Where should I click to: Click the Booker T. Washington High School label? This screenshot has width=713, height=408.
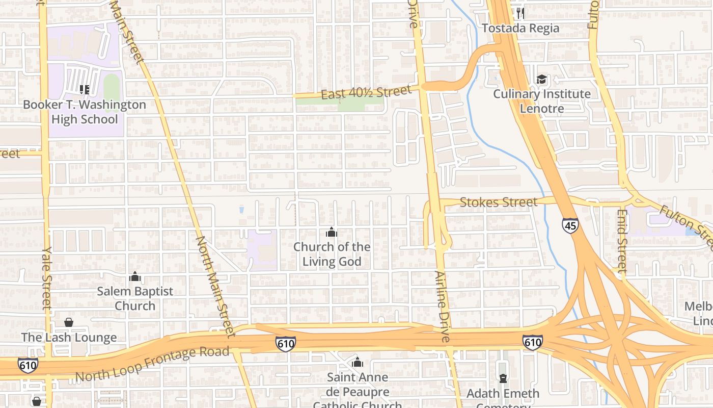(x=85, y=112)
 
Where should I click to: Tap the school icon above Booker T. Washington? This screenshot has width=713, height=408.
(x=85, y=90)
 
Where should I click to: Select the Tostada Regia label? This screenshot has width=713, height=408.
(x=520, y=28)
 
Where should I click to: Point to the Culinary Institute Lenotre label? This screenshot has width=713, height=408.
(x=542, y=101)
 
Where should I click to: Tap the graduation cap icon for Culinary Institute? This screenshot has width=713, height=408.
(x=541, y=80)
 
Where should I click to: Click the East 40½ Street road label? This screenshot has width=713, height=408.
(x=366, y=92)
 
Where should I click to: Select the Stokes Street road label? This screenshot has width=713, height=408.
(x=498, y=202)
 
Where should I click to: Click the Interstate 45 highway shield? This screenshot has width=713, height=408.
(x=570, y=225)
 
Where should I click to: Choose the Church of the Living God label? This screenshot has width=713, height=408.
(x=332, y=254)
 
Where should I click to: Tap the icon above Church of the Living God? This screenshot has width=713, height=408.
(x=332, y=233)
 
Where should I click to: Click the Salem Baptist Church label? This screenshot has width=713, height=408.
(x=135, y=298)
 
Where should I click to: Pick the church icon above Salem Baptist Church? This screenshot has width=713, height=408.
(x=135, y=277)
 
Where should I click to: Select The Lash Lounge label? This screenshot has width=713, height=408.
(x=69, y=338)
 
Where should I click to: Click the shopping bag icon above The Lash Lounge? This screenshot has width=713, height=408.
(x=69, y=322)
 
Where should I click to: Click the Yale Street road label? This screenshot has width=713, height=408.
(x=47, y=278)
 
